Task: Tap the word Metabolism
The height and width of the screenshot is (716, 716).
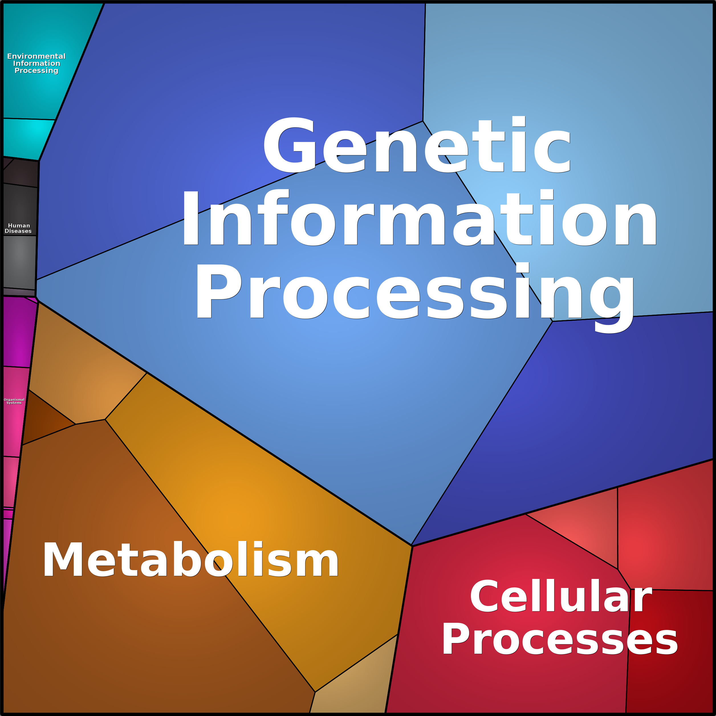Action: pyautogui.click(x=190, y=560)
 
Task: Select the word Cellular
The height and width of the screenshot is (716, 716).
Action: pyautogui.click(x=560, y=597)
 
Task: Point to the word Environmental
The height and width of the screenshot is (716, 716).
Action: pyautogui.click(x=36, y=56)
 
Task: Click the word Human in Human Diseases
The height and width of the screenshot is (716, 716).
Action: pyautogui.click(x=19, y=225)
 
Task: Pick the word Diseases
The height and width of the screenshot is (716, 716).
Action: pyautogui.click(x=18, y=231)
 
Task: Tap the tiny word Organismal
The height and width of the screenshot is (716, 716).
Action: pyautogui.click(x=14, y=400)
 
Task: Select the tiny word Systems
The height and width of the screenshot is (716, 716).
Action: pyautogui.click(x=14, y=403)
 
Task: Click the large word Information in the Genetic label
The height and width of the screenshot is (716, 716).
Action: pyautogui.click(x=419, y=219)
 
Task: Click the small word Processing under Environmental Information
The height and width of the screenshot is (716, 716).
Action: pyautogui.click(x=36, y=70)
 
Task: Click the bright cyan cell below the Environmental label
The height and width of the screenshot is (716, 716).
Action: pyautogui.click(x=28, y=137)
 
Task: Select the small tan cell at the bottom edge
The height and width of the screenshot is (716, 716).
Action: pyautogui.click(x=352, y=689)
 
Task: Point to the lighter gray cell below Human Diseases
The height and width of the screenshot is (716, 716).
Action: pyautogui.click(x=19, y=261)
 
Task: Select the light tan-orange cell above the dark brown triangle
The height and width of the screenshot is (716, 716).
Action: pyautogui.click(x=85, y=378)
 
